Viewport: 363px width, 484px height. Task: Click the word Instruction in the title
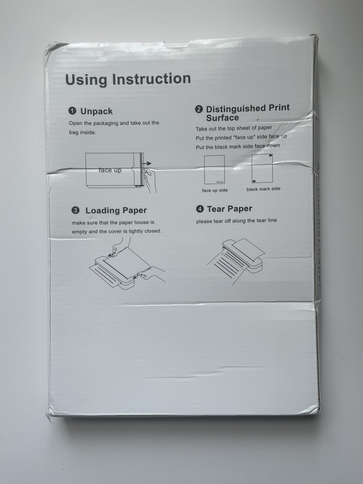pyautogui.click(x=151, y=79)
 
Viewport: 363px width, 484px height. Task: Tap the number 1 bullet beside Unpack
pyautogui.click(x=72, y=111)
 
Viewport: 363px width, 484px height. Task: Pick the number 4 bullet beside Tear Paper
pyautogui.click(x=200, y=209)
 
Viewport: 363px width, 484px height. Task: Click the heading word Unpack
pyautogui.click(x=96, y=111)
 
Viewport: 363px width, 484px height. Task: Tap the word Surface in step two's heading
pyautogui.click(x=222, y=118)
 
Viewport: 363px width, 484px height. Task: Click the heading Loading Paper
pyautogui.click(x=116, y=211)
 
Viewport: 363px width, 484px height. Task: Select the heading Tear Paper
pyautogui.click(x=230, y=209)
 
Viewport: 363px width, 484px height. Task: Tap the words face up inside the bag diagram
pyautogui.click(x=110, y=170)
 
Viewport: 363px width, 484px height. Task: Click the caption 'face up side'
pyautogui.click(x=215, y=190)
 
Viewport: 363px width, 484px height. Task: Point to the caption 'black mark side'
pyautogui.click(x=263, y=189)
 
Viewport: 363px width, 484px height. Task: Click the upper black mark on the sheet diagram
pyautogui.click(x=270, y=155)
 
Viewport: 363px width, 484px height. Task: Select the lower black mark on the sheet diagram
pyautogui.click(x=254, y=181)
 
